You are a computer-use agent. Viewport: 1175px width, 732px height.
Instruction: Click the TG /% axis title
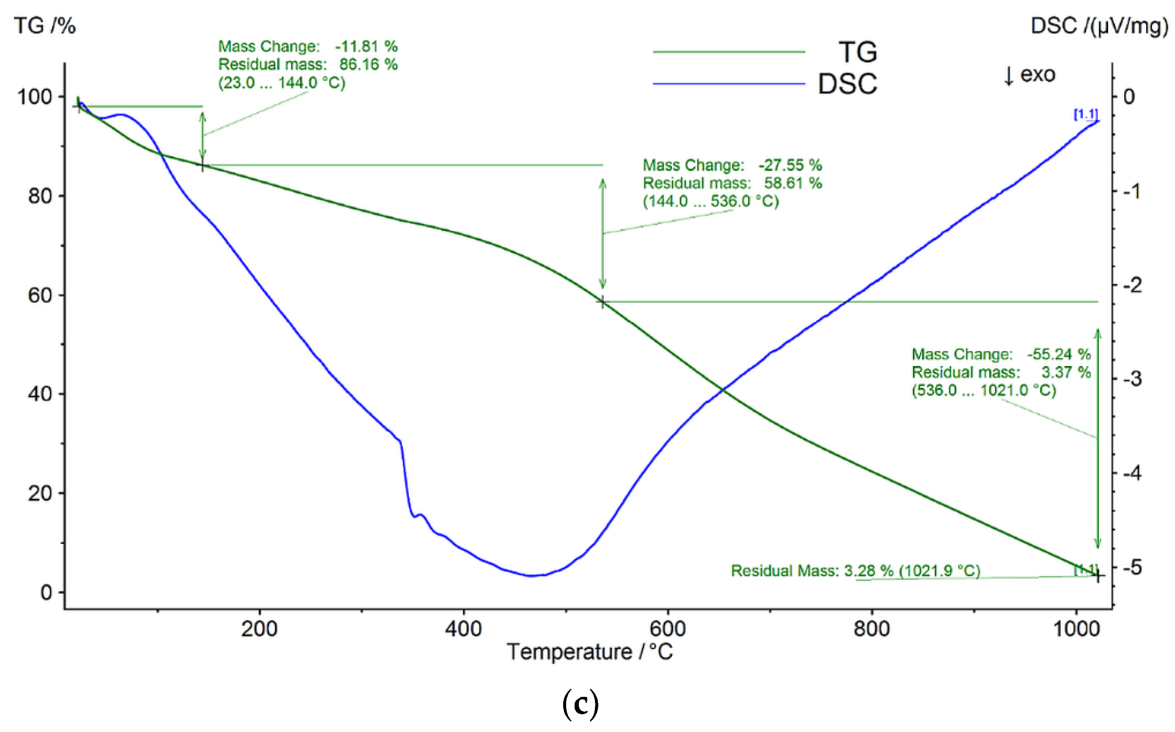pyautogui.click(x=44, y=26)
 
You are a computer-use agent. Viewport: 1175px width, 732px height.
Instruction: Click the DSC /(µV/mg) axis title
pyautogui.click(x=1098, y=26)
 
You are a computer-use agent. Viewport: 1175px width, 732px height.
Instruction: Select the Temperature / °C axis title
pyautogui.click(x=589, y=652)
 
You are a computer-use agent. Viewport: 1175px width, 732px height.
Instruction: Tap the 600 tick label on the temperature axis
pyautogui.click(x=668, y=629)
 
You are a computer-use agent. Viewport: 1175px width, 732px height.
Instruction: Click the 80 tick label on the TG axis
pyautogui.click(x=40, y=196)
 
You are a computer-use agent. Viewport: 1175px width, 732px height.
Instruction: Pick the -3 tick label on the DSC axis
pyautogui.click(x=1132, y=379)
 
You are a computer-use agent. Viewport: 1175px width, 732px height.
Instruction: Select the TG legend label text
pyautogui.click(x=857, y=52)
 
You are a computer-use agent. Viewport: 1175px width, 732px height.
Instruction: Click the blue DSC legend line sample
pyautogui.click(x=729, y=84)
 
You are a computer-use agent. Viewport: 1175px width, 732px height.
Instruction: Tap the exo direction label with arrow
pyautogui.click(x=1030, y=75)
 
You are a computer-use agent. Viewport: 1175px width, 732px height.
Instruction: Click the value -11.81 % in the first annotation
pyautogui.click(x=366, y=47)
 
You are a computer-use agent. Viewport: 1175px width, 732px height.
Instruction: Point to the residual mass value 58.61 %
pyautogui.click(x=793, y=183)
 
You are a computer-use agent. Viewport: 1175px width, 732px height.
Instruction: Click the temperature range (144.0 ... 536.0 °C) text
pyautogui.click(x=710, y=201)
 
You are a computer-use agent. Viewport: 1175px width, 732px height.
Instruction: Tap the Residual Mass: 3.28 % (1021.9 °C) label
pyautogui.click(x=855, y=570)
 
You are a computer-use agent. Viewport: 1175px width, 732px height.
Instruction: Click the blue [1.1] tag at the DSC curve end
pyautogui.click(x=1085, y=114)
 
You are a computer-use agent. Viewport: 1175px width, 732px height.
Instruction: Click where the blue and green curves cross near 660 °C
pyautogui.click(x=722, y=390)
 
